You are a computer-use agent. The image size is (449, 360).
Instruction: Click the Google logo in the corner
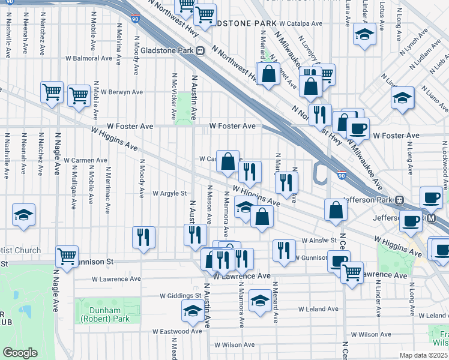20,353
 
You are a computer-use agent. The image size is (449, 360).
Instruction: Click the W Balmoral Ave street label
89,59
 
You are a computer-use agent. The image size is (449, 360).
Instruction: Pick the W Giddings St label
180,296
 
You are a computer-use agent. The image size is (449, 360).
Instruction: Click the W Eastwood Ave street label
177,331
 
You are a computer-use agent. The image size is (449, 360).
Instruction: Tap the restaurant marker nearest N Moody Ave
143,237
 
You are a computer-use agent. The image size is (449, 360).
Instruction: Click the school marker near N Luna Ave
364,34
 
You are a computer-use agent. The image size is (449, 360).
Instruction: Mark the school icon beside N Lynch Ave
403,98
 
